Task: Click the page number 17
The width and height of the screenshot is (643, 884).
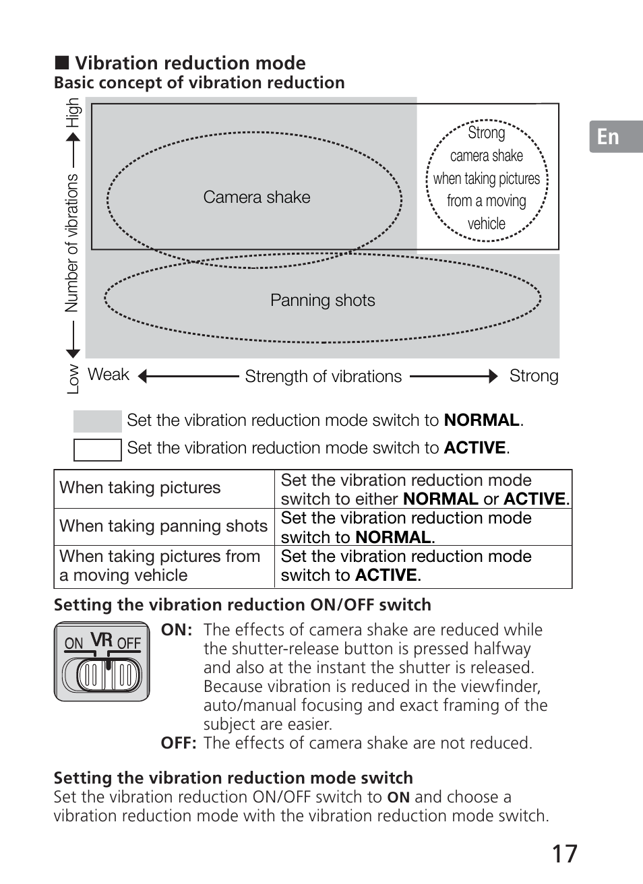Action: tap(565, 854)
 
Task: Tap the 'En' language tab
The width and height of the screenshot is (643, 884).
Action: tap(608, 137)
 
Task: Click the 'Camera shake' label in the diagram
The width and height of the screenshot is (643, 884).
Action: tap(257, 197)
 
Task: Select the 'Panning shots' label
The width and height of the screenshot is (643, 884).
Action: tap(322, 301)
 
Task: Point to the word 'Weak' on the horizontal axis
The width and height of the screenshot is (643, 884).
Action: tap(108, 375)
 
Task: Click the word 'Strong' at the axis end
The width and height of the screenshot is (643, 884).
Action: tap(534, 376)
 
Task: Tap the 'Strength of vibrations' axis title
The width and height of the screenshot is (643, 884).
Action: tap(323, 377)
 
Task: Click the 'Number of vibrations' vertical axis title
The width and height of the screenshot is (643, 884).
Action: tap(72, 243)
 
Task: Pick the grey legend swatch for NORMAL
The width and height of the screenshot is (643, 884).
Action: tap(97, 421)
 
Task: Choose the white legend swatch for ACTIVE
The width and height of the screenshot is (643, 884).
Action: tap(97, 449)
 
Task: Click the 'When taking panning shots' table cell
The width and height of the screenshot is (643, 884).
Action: tap(164, 526)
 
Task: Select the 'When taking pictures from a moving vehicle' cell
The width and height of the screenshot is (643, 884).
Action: tap(160, 566)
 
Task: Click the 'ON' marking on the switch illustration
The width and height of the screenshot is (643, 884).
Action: tap(73, 643)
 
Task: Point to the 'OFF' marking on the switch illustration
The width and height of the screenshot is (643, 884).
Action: tap(129, 643)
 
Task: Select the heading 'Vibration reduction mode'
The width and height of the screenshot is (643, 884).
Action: tap(190, 63)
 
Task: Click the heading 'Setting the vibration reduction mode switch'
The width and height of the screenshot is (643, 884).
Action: tap(233, 778)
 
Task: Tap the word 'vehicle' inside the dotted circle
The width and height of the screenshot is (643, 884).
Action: tap(487, 224)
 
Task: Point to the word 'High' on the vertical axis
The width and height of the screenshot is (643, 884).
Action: tap(73, 113)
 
